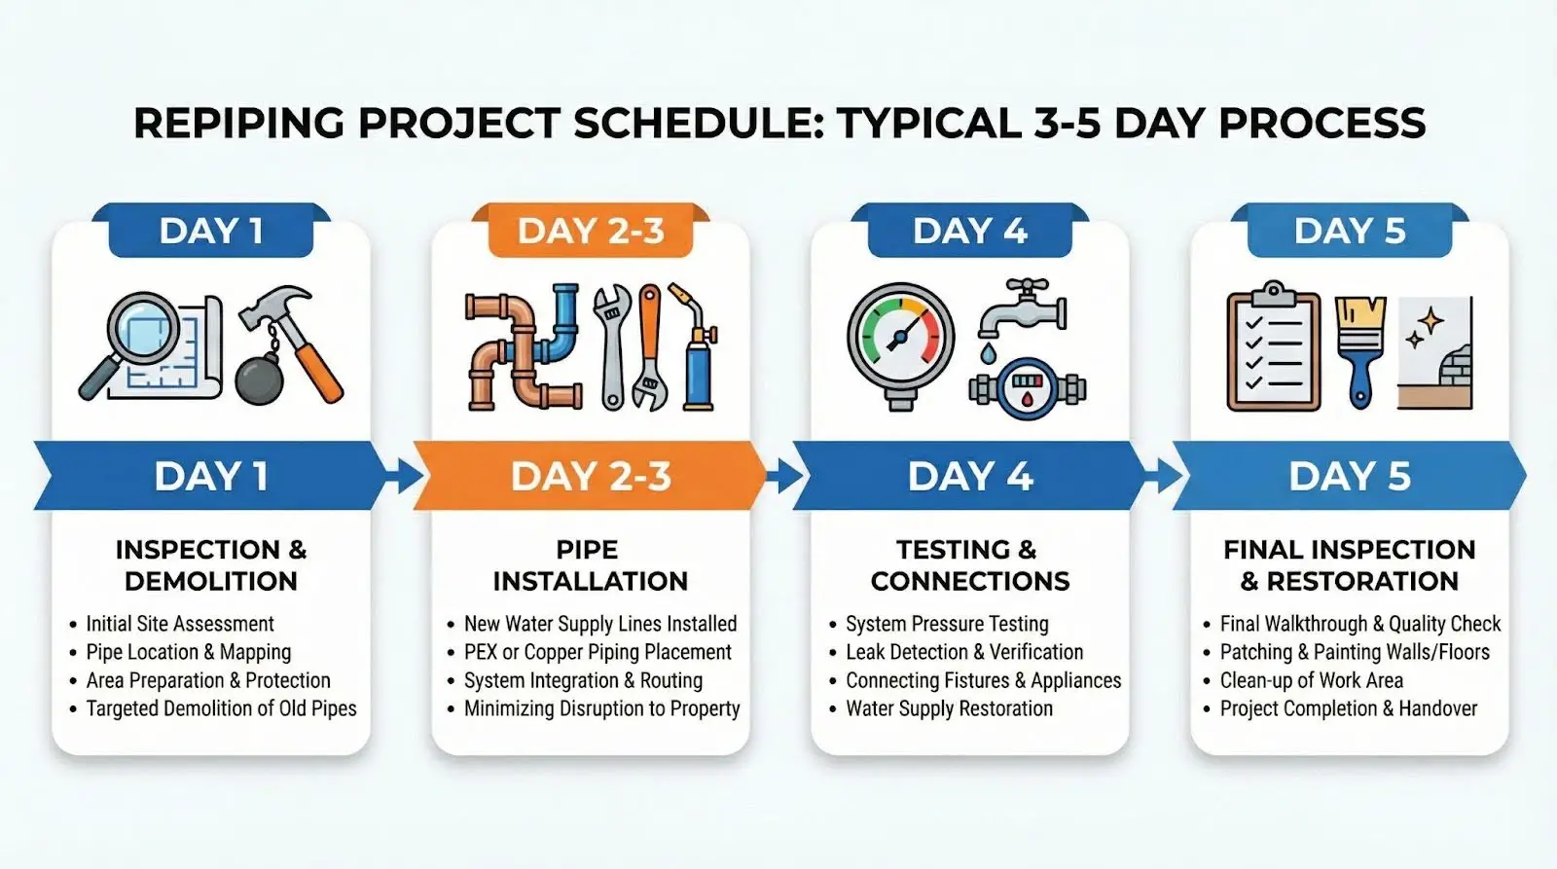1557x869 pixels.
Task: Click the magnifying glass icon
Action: (x=139, y=334)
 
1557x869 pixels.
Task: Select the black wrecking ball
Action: (x=259, y=380)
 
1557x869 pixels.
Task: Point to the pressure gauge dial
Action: (x=900, y=340)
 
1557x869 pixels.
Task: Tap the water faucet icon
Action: (x=1021, y=309)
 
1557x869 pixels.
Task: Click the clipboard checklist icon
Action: (x=1274, y=346)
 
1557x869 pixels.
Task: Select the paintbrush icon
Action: (x=1360, y=351)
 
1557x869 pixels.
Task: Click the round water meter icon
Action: (x=1028, y=389)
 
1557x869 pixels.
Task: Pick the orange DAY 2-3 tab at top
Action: (x=591, y=231)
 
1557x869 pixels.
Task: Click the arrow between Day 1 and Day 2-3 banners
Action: (x=403, y=476)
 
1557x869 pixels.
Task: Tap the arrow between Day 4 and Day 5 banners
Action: (x=1162, y=476)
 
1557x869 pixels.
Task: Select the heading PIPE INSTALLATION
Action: (x=590, y=565)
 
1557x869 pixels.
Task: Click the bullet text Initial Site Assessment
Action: (x=180, y=624)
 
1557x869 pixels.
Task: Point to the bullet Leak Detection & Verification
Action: (x=964, y=652)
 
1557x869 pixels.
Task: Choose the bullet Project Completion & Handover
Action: (x=1349, y=708)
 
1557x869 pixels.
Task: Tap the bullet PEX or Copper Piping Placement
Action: (x=597, y=652)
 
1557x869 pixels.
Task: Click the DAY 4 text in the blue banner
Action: (x=969, y=476)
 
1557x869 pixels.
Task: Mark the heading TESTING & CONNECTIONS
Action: (x=969, y=565)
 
